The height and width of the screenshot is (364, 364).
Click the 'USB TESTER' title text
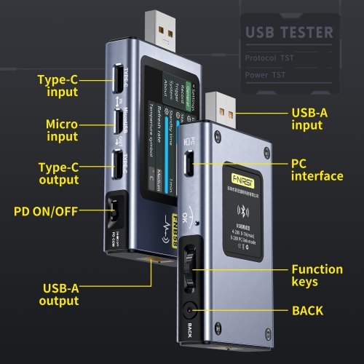(x=289, y=32)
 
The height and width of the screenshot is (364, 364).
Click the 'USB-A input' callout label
(x=317, y=119)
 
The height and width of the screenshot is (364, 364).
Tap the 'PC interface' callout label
(x=317, y=170)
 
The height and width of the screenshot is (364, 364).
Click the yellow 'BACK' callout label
(x=307, y=311)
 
